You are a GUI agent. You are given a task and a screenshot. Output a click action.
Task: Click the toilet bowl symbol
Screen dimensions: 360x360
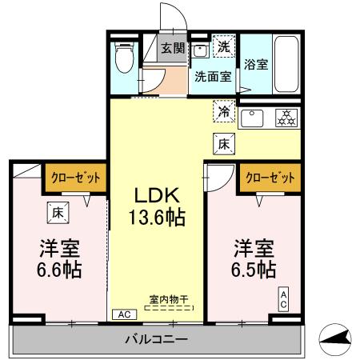coord(125,58)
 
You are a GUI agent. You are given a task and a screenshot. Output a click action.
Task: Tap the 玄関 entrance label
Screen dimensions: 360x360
coord(173,48)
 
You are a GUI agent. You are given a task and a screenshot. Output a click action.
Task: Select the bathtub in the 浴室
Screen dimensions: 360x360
coord(286,64)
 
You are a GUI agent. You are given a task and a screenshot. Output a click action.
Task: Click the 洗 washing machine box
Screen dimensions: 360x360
coord(224,46)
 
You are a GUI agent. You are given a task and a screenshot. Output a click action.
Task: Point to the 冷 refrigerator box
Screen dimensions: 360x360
coord(224,111)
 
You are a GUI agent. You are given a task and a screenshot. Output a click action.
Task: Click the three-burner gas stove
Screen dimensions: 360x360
coord(286,118)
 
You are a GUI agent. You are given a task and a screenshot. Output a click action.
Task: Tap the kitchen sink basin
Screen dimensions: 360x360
coord(252,118)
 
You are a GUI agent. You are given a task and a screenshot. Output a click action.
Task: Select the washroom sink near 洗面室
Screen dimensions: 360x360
coord(200,50)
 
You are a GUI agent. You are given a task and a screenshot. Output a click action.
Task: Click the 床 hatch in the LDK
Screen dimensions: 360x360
coord(224,144)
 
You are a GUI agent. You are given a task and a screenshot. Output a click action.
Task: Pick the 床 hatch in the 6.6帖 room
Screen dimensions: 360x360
coord(58,213)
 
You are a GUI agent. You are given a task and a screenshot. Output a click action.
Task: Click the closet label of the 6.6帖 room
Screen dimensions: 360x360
coord(76,178)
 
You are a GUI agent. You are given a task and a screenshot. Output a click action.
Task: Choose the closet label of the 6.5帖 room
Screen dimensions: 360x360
coord(270,178)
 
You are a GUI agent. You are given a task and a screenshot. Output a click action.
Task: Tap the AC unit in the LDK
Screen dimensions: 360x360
coord(125,314)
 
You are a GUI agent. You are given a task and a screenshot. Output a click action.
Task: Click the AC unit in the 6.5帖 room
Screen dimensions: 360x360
coord(283,299)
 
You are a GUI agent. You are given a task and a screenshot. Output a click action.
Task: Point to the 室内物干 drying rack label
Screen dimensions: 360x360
coord(169,299)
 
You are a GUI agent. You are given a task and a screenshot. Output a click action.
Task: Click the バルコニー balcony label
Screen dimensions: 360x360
coord(157,339)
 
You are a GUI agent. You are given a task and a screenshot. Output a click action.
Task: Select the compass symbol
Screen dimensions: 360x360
coord(335,339)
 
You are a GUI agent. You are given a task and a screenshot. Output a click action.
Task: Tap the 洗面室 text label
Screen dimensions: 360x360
coord(213,77)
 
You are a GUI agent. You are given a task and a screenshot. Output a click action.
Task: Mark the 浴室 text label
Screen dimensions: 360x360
coord(256,64)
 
